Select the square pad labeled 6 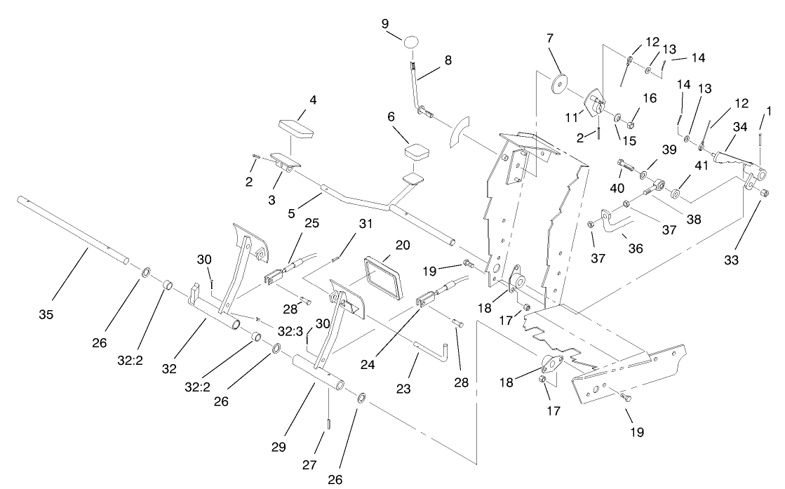click(417, 151)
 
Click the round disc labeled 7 click(559, 82)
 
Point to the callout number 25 click(311, 224)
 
